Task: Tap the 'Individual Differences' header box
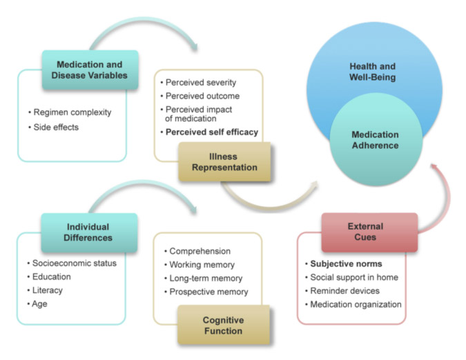[x=88, y=232]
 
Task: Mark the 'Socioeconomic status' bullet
[x=75, y=263]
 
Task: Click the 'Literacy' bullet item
[x=49, y=290]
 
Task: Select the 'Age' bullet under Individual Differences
[x=41, y=304]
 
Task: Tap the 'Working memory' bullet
[x=202, y=265]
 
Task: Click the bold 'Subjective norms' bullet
[x=347, y=263]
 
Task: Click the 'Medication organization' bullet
[x=356, y=304]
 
